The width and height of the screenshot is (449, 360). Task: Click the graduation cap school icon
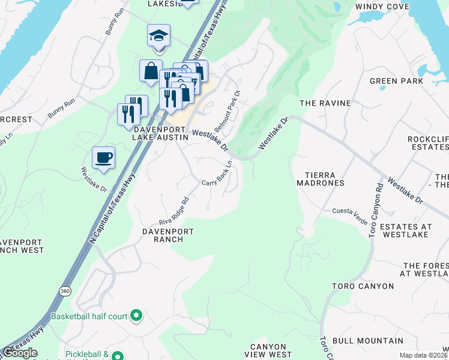pos(159,36)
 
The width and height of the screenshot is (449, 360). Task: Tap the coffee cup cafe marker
pos(104,158)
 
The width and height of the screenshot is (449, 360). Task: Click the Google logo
pos(20,353)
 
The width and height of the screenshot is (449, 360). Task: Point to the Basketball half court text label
pos(89,315)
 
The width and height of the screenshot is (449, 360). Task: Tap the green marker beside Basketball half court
pos(136,314)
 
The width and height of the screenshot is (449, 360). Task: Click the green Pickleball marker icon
pos(118,356)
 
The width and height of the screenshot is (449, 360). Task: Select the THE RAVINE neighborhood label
pos(325,103)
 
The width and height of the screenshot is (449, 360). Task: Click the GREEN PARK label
pos(396,81)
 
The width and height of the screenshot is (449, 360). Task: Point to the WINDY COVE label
pos(382,7)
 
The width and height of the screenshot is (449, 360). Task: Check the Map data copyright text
pos(424,355)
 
